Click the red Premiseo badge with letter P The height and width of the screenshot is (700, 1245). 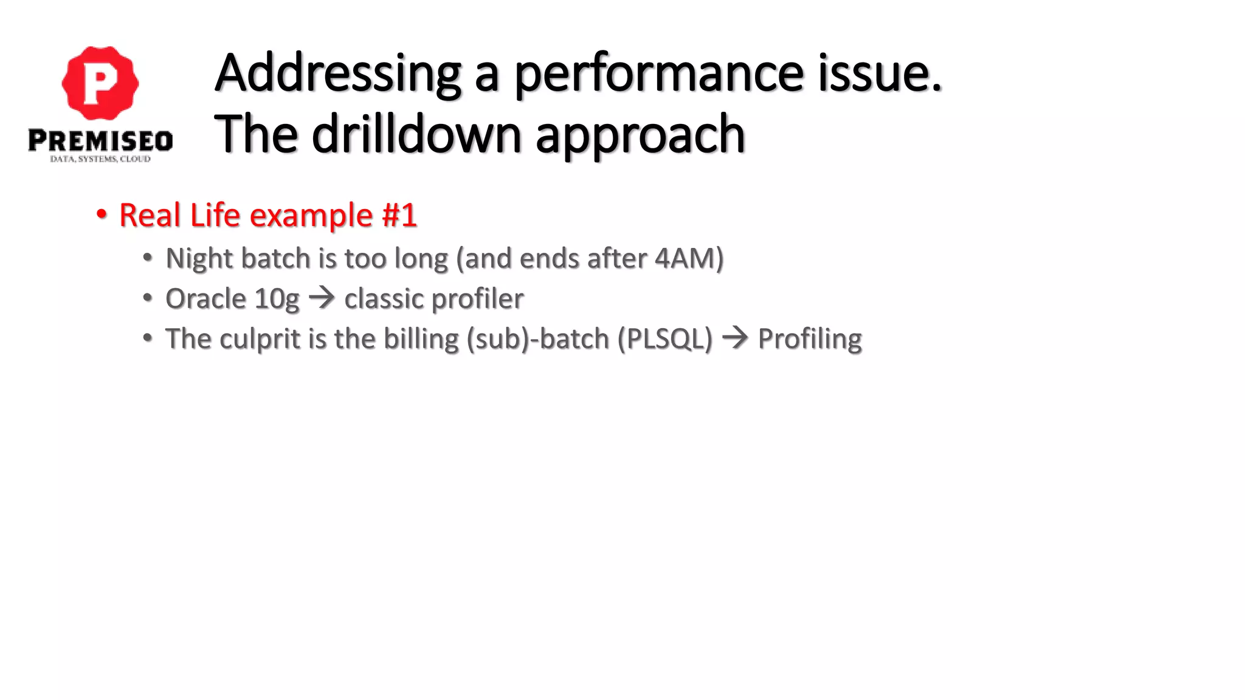100,83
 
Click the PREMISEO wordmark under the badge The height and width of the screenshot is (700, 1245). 100,141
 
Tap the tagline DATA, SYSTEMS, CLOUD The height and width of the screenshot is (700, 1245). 100,159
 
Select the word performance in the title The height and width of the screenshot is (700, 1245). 660,74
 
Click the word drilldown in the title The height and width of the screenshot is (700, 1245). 416,134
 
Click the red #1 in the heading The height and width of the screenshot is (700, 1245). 399,215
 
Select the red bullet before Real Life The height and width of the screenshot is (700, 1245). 102,214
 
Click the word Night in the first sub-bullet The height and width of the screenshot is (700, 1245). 199,259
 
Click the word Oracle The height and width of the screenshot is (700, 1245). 205,298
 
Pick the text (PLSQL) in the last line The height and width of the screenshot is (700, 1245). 664,339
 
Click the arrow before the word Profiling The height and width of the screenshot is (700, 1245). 735,338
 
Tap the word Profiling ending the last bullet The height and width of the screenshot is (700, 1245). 810,339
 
